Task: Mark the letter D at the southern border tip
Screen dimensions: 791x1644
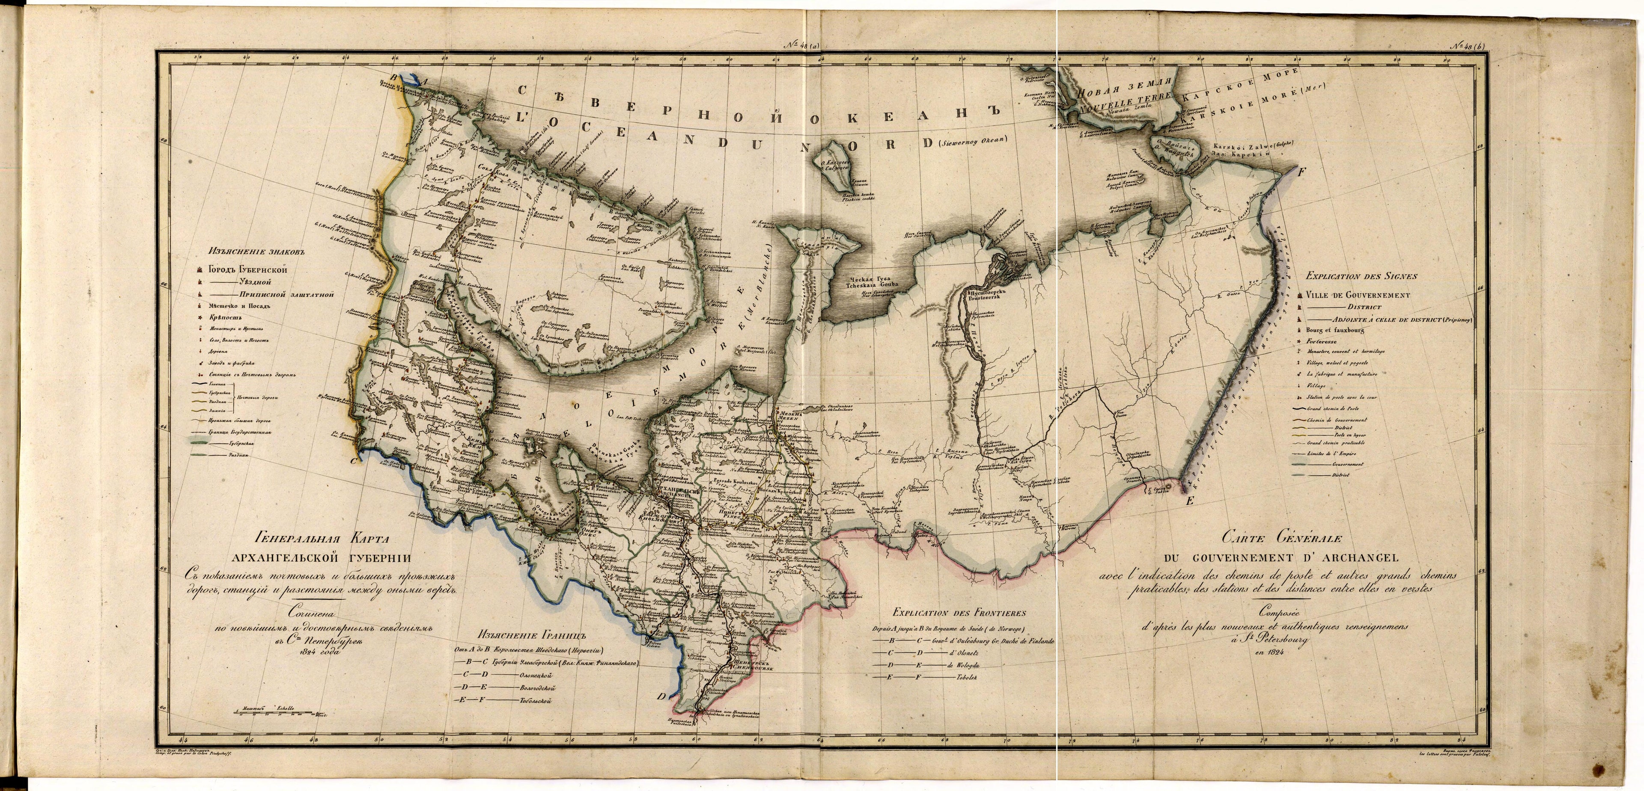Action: (662, 696)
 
